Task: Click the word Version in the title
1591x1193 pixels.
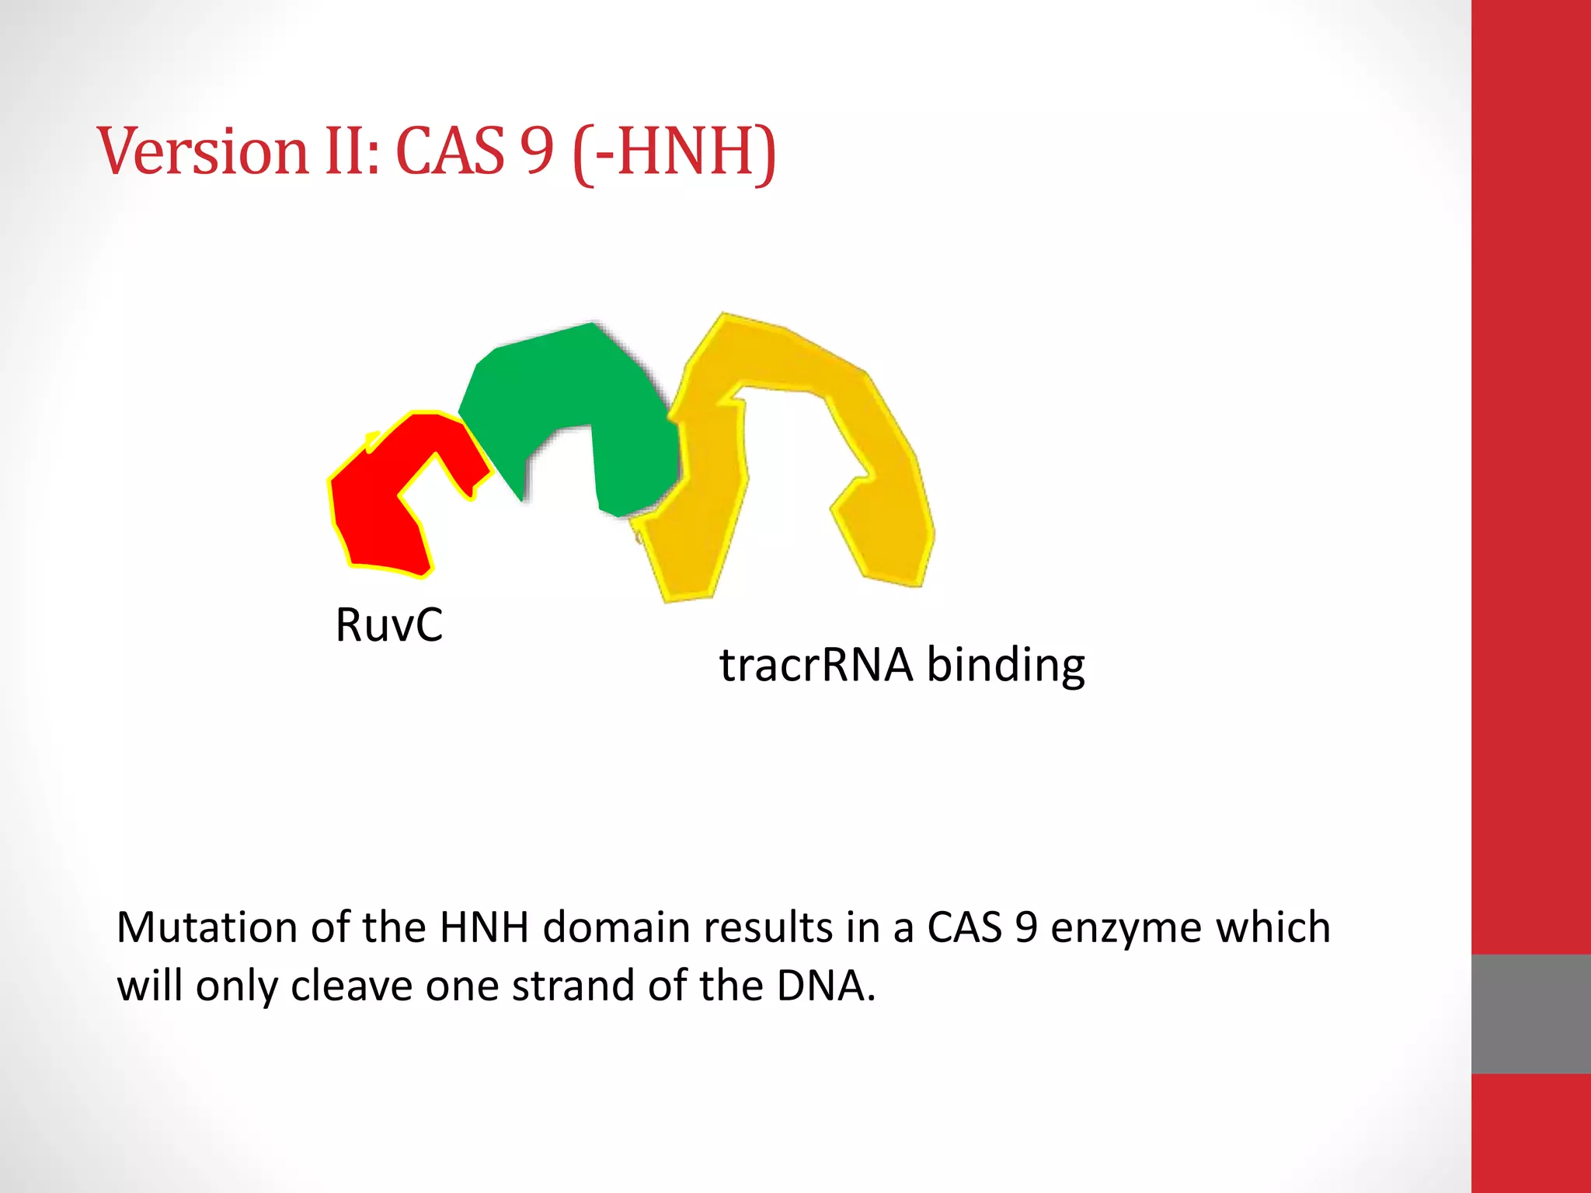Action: [203, 151]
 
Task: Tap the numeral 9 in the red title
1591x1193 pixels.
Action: [537, 151]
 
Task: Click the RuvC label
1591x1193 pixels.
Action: [388, 624]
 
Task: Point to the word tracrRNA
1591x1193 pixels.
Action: [815, 665]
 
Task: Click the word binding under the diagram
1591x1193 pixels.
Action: [1005, 665]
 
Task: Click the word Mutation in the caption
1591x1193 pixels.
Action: [206, 927]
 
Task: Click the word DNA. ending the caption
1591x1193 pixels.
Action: [827, 986]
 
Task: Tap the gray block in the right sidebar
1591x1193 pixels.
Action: [1530, 1014]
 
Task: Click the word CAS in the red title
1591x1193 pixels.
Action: [451, 151]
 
